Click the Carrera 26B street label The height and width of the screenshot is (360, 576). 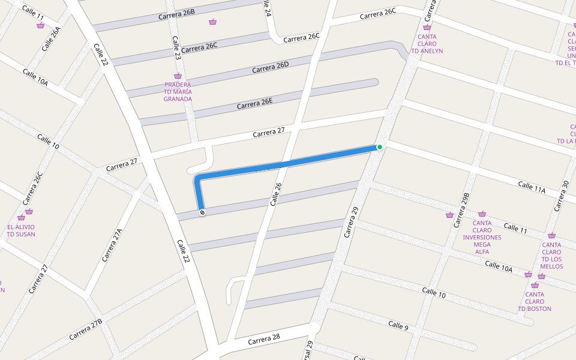[176, 15]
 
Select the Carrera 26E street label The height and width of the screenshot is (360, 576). [254, 103]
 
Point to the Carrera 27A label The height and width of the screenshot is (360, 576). [112, 245]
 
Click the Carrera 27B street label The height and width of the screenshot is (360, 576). [85, 329]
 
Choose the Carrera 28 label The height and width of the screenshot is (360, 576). [264, 338]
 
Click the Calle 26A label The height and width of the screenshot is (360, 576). [52, 39]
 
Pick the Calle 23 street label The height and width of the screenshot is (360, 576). [176, 48]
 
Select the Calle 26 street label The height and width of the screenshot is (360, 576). [275, 194]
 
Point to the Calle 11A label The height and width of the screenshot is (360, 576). [531, 187]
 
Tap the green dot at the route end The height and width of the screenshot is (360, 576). [380, 147]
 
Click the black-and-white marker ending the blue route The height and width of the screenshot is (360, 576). [202, 212]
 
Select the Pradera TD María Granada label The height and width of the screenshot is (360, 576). [178, 92]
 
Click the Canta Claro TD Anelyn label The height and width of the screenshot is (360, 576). [427, 44]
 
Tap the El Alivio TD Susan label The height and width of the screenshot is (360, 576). [21, 230]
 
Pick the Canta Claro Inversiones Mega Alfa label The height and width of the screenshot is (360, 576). [482, 237]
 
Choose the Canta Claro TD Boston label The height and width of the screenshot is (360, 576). [535, 301]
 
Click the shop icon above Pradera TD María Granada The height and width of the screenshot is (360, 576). [178, 76]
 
